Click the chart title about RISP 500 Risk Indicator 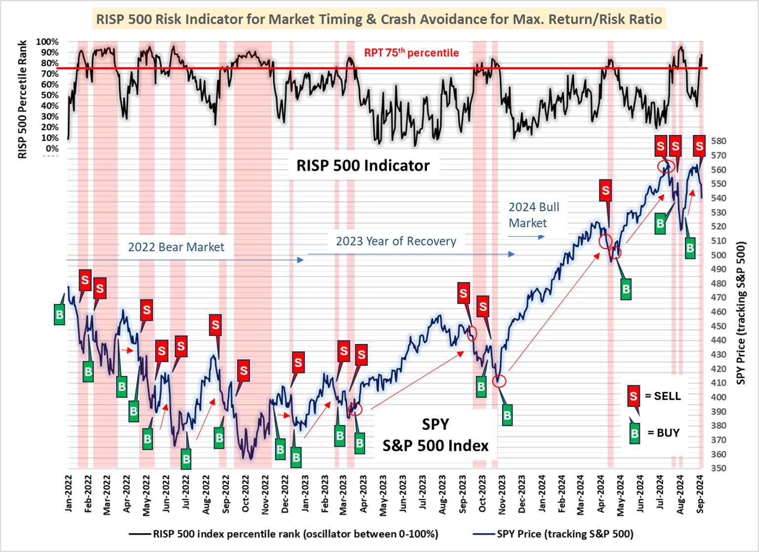[x=379, y=19]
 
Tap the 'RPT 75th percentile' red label [x=411, y=52]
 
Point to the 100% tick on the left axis [x=47, y=42]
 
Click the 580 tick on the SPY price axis [x=718, y=141]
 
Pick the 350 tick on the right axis [x=718, y=468]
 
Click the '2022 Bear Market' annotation [x=176, y=247]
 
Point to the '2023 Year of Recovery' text [x=396, y=241]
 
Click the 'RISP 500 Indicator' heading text [x=363, y=165]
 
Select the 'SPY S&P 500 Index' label [x=435, y=435]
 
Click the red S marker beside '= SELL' [x=633, y=395]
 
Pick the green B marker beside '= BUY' [x=634, y=433]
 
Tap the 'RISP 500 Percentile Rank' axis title [x=22, y=99]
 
